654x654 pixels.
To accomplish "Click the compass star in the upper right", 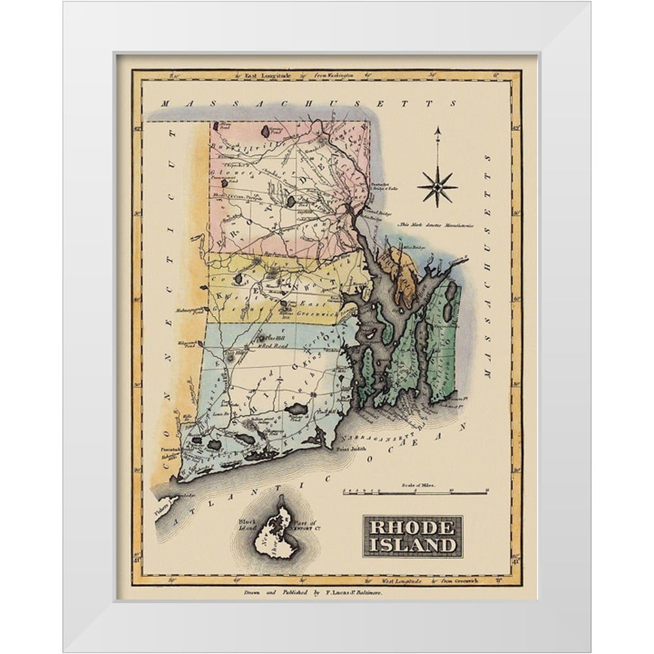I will tap(437, 186).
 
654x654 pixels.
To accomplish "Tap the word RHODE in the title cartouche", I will tap(412, 528).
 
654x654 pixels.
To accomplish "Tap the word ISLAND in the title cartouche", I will tap(412, 545).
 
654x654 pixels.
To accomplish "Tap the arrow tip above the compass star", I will tap(438, 129).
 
